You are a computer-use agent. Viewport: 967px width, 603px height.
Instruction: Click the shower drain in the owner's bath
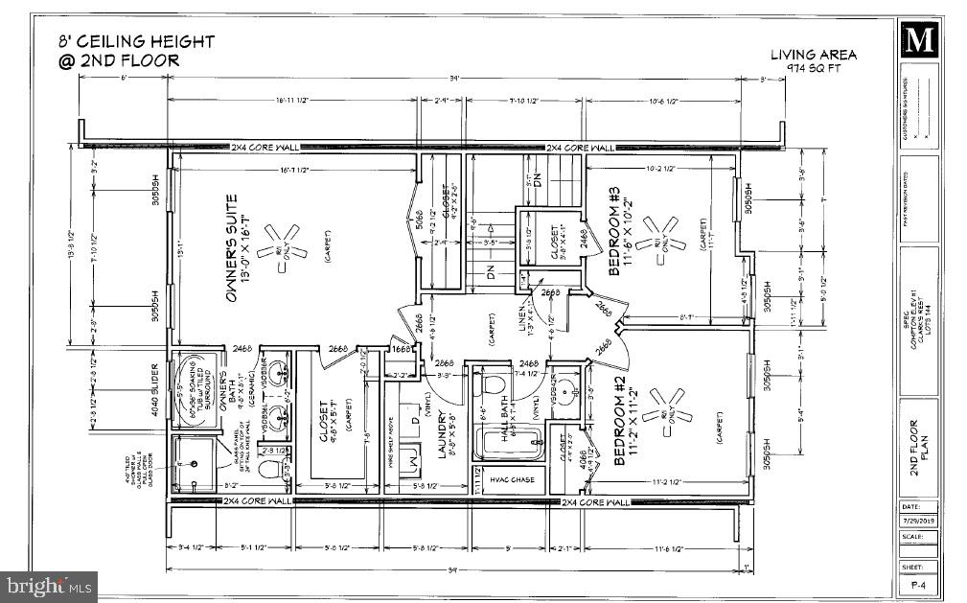[x=196, y=463]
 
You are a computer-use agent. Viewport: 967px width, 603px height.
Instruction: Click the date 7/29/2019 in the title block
[x=918, y=522]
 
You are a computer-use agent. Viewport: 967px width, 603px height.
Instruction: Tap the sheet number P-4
[x=918, y=583]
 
